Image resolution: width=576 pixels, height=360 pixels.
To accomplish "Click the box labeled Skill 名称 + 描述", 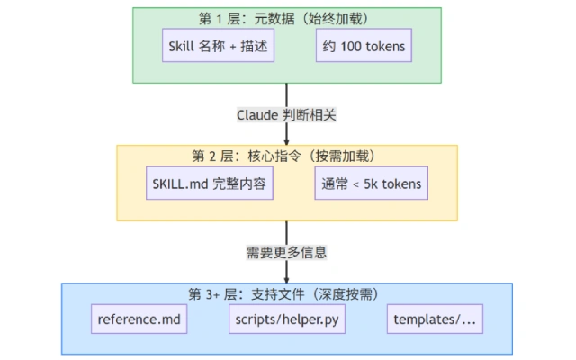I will click(216, 45).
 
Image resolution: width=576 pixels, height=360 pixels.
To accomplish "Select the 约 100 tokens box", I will click(359, 45).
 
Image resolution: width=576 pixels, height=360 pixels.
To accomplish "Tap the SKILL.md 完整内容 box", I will click(210, 184).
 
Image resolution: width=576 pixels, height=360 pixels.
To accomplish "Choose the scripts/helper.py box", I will click(287, 319).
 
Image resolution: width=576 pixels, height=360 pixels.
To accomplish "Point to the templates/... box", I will click(435, 319).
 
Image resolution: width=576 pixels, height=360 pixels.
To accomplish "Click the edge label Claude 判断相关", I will click(286, 114).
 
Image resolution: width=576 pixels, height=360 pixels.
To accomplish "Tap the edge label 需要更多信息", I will click(286, 251).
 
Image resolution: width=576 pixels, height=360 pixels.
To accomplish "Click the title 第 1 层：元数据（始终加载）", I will click(287, 18).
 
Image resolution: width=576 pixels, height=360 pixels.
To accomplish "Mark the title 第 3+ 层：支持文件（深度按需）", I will click(287, 293).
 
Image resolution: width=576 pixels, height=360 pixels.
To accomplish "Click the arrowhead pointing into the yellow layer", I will click(287, 140).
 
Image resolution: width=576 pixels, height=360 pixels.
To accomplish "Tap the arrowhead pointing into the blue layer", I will click(287, 278).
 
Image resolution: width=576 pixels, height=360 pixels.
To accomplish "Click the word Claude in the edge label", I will click(260, 114).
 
